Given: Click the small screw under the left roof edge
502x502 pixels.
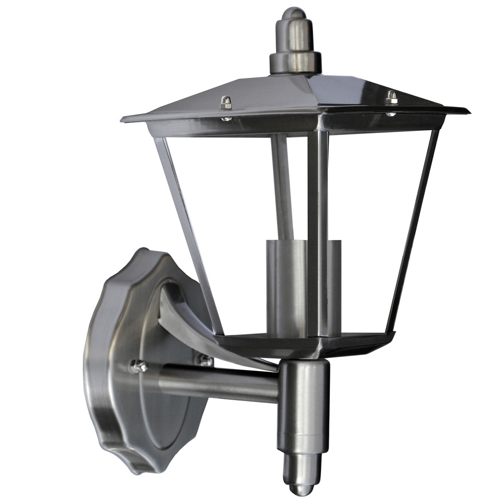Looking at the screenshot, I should point(227,119).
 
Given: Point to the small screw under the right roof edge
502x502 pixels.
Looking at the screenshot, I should point(390,114).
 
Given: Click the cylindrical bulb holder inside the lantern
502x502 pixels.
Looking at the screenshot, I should point(286,286).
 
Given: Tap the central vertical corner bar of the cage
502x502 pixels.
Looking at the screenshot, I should point(317,231).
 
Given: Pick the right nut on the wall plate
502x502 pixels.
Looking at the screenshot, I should point(205,359).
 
